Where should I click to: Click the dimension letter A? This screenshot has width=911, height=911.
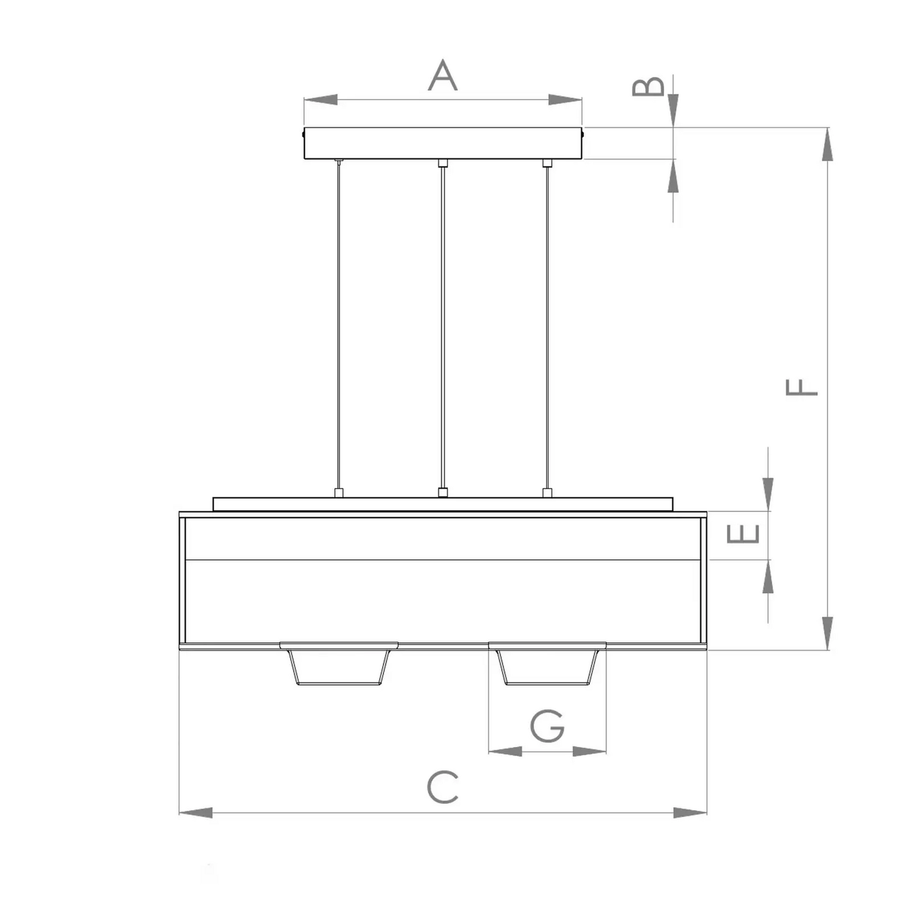click(x=443, y=75)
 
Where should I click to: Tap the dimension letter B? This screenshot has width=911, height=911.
click(x=648, y=86)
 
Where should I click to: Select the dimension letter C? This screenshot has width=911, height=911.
click(x=443, y=787)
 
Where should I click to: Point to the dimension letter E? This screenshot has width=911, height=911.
click(x=743, y=534)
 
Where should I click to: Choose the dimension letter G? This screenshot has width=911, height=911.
click(x=547, y=726)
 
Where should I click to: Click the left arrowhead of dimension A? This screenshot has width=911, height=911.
click(x=320, y=100)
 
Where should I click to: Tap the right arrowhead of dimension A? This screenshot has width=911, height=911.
click(x=565, y=100)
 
